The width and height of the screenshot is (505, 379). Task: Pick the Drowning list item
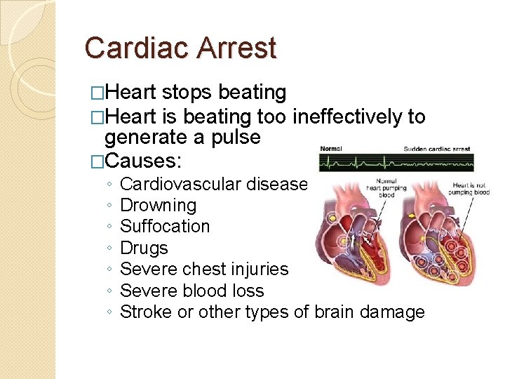click(x=159, y=206)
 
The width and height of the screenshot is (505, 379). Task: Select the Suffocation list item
click(x=165, y=227)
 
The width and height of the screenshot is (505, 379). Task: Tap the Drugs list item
click(x=144, y=248)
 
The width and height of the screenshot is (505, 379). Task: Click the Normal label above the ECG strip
click(x=331, y=149)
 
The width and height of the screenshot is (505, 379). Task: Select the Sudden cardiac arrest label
click(x=437, y=149)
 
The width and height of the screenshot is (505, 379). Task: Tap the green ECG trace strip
click(x=395, y=163)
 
